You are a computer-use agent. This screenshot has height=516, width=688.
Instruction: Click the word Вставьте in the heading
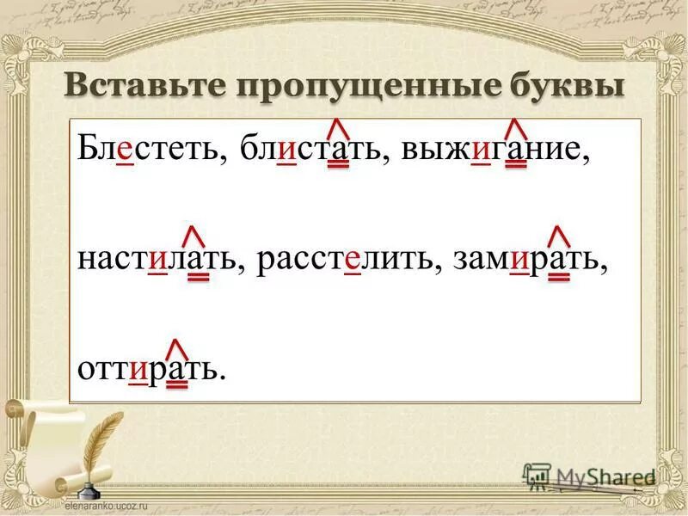tap(141, 88)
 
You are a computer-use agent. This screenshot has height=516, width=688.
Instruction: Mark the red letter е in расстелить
tap(351, 261)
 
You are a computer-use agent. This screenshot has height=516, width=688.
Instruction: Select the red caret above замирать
tap(559, 235)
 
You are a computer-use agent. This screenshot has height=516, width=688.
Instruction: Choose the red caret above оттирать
tap(177, 347)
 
